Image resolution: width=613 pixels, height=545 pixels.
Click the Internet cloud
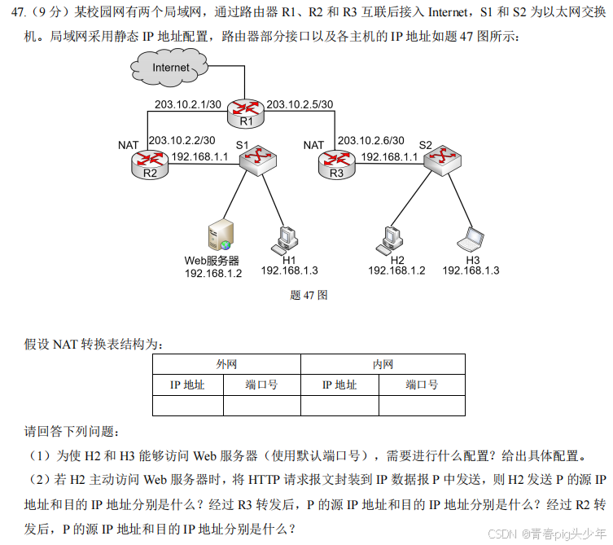170,67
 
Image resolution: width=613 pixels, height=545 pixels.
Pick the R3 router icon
336,162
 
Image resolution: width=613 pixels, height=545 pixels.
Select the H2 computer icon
390,237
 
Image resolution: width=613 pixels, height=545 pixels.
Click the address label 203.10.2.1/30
188,103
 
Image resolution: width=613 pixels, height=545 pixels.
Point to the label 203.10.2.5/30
300,103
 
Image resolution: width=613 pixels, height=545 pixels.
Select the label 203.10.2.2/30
182,140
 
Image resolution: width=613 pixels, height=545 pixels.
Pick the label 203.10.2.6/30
370,140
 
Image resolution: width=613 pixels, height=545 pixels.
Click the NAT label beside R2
128,145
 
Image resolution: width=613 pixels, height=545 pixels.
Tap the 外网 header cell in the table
226,364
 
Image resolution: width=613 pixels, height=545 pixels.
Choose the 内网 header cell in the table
382,364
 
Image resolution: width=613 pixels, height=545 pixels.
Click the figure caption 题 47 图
309,296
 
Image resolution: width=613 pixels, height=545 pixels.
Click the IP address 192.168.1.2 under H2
396,270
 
